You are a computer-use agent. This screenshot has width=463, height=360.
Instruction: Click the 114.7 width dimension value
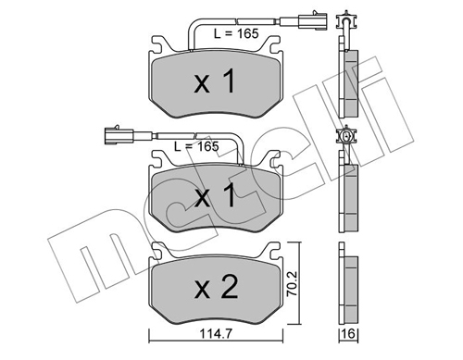point(216,334)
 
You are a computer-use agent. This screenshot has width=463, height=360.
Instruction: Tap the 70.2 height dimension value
point(292,283)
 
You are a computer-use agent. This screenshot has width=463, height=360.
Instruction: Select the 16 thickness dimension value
point(349,334)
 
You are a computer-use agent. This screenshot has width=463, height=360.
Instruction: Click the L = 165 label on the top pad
point(236,33)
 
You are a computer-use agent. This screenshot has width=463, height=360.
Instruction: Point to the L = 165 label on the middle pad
point(196,146)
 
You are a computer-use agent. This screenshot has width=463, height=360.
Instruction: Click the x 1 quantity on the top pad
point(215,81)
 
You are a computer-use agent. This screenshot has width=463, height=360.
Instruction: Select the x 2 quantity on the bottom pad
point(216,287)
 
